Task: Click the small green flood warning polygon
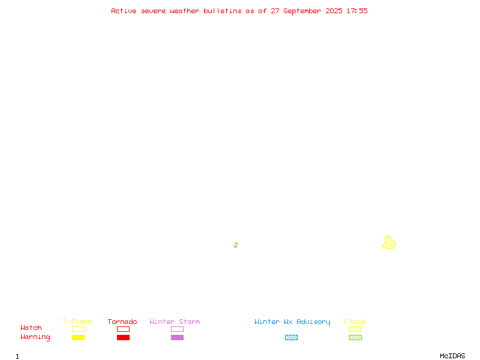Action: point(236,245)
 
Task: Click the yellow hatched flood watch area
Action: point(389,243)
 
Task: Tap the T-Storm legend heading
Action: point(77,322)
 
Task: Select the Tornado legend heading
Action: point(122,322)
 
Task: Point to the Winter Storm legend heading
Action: point(175,322)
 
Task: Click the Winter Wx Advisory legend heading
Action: point(292,322)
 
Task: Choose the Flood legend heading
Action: point(355,322)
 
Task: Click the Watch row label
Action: point(31,328)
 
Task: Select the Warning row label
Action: point(35,337)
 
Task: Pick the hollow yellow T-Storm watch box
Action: point(79,329)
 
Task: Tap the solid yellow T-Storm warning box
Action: point(79,337)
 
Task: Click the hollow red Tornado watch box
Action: point(124,329)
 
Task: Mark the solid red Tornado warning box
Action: point(124,337)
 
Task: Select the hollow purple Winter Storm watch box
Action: point(177,329)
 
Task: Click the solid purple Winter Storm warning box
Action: point(177,337)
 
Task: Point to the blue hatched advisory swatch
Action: point(291,337)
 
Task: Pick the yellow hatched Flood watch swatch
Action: point(355,329)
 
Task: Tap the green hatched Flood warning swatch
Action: point(355,337)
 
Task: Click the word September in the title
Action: point(302,11)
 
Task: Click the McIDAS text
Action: point(452,356)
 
